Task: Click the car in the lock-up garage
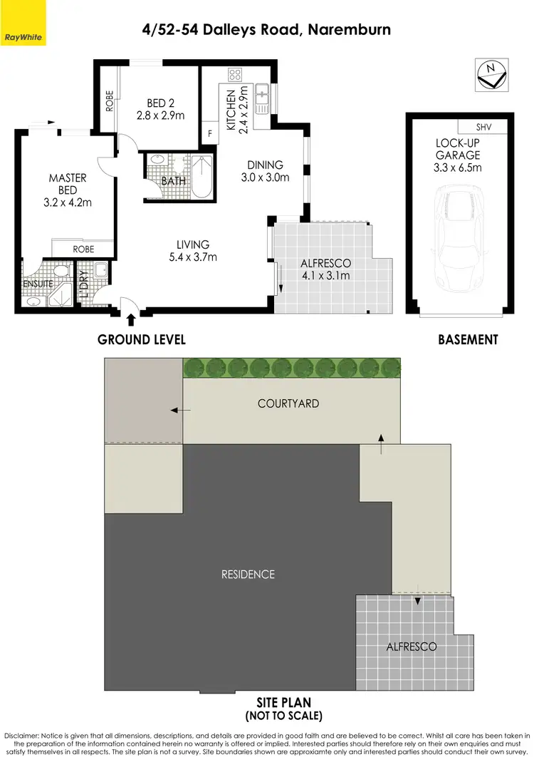coord(457,238)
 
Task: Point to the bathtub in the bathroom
coord(201,177)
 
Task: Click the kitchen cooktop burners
coord(236,74)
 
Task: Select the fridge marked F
coord(210,134)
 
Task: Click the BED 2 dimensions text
coord(160,114)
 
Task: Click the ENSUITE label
coord(36,282)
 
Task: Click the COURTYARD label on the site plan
coord(288,403)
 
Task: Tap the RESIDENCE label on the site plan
coord(247,574)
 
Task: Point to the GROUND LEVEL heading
coord(141,340)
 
